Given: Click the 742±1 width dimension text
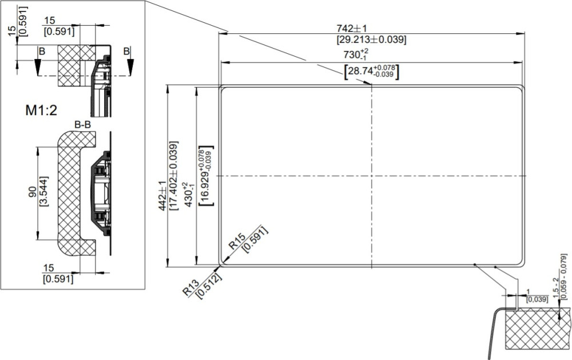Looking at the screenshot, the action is click(x=351, y=29).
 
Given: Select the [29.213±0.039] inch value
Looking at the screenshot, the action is click(x=371, y=39).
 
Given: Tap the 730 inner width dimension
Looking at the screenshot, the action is click(x=356, y=54).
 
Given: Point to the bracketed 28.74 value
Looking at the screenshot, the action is click(x=371, y=71).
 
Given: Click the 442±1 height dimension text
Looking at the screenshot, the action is click(x=162, y=196).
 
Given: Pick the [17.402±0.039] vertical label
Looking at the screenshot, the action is click(x=174, y=176).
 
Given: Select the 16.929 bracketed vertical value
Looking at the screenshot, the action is click(x=206, y=176).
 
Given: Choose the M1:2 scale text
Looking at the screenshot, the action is click(x=41, y=110).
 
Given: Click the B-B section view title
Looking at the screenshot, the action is click(x=83, y=125).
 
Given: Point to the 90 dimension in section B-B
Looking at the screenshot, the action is click(x=33, y=192).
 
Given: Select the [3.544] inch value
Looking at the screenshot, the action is click(x=43, y=192).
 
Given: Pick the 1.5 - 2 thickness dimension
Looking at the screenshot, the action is click(x=555, y=287).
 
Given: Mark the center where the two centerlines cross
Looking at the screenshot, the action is click(x=372, y=176).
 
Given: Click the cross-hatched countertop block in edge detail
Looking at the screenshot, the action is click(x=538, y=327).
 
